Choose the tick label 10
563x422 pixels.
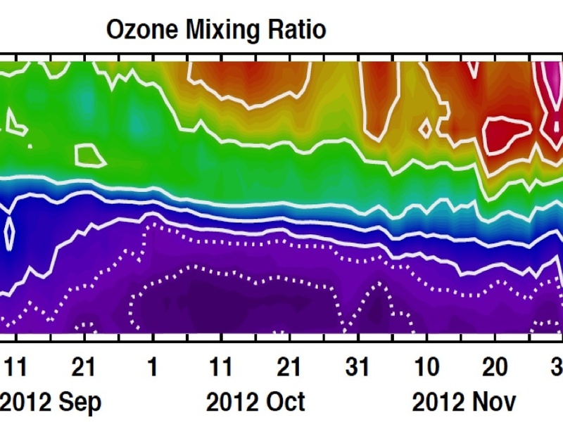[x=426, y=366]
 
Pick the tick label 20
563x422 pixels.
[x=495, y=366]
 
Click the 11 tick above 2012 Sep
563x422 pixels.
[x=16, y=366]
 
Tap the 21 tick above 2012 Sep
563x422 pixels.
[x=84, y=366]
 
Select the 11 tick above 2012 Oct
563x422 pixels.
[x=221, y=366]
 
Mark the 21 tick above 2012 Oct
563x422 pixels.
[x=289, y=366]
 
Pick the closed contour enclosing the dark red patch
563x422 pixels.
[x=508, y=134]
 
